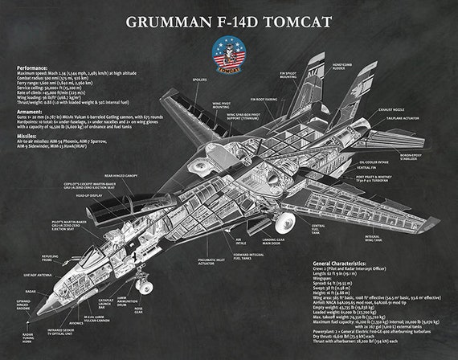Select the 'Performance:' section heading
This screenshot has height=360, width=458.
38,67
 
